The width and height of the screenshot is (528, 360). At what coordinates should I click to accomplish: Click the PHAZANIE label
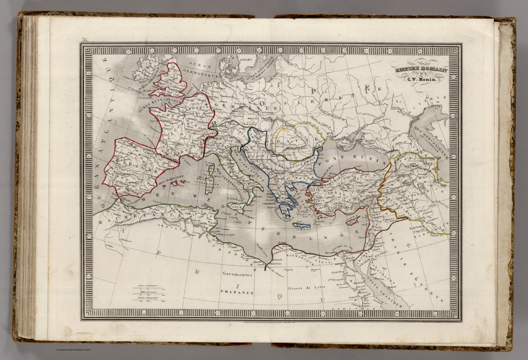point(237,293)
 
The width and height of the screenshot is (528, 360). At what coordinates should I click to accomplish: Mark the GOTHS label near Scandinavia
point(246,59)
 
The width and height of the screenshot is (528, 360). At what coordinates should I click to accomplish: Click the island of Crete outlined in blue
point(301,225)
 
